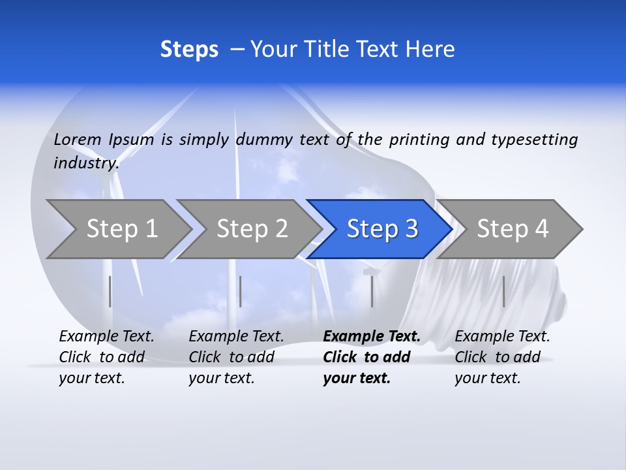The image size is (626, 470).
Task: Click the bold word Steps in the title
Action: tap(189, 50)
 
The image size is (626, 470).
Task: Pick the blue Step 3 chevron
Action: tap(381, 229)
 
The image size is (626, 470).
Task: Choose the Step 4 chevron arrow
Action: tap(511, 229)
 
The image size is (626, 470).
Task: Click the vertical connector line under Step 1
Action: tap(110, 291)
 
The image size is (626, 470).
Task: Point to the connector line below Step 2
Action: tap(241, 291)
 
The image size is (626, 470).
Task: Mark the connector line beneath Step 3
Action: tap(372, 291)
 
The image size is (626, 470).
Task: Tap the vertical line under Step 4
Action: tap(503, 291)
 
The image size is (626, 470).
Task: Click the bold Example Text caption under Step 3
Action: tap(371, 357)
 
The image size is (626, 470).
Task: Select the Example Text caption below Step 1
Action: tap(106, 357)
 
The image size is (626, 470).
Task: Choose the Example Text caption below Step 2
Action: tap(236, 357)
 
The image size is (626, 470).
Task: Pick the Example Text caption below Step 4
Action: tap(502, 357)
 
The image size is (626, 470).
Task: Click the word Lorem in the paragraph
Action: tap(78, 139)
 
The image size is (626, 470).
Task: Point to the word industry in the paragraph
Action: tap(85, 163)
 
